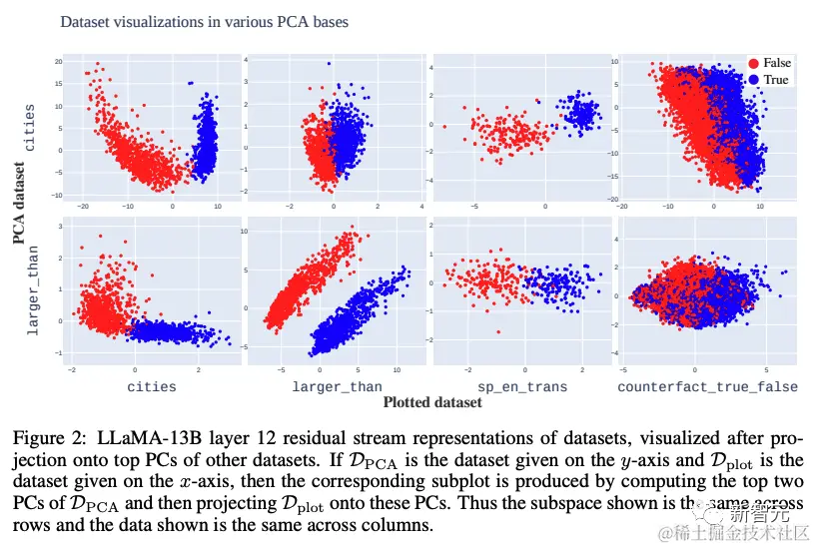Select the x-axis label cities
point(152,386)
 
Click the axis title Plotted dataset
point(432,402)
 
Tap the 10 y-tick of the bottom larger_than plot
point(254,231)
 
